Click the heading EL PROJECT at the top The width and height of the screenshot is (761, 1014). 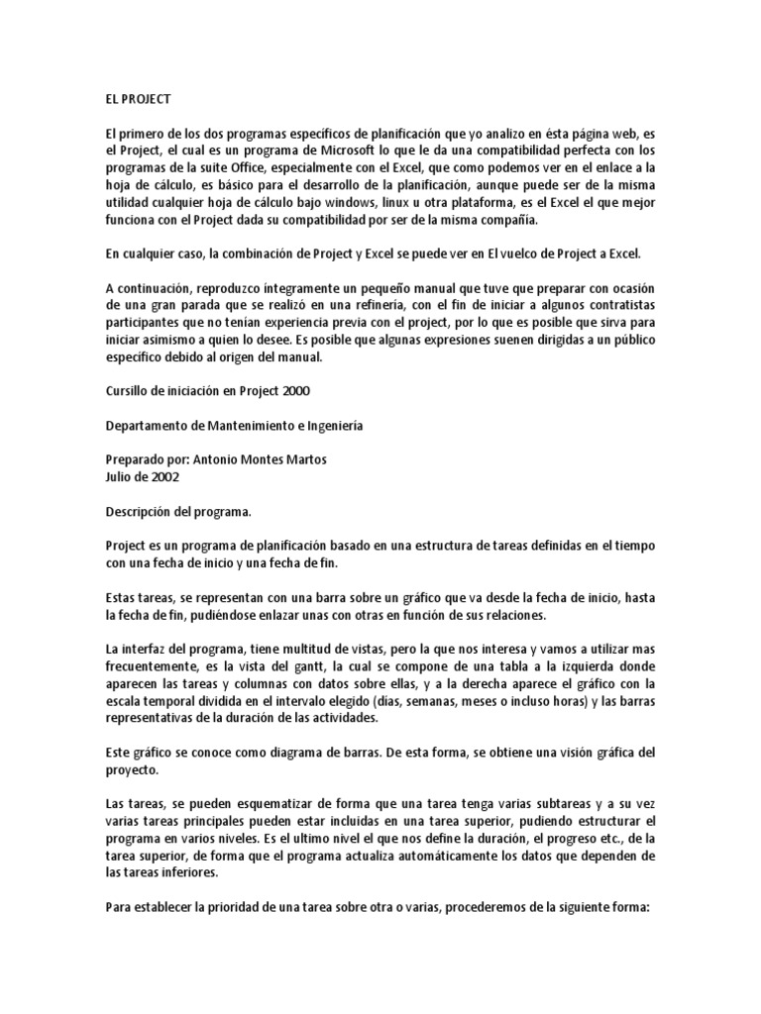[x=139, y=100]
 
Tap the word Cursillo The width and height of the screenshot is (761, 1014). [x=130, y=390]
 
